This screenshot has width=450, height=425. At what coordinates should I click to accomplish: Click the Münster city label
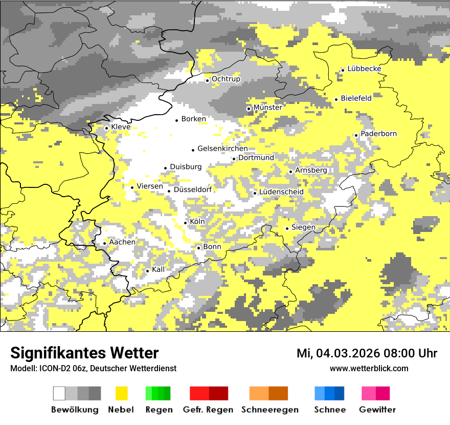[267, 108]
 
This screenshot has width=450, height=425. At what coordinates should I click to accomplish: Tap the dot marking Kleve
[106, 128]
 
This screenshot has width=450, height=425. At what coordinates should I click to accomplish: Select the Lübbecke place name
[364, 69]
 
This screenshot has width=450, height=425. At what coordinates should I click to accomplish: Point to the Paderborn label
[378, 134]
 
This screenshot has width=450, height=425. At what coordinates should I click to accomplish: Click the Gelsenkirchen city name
[222, 148]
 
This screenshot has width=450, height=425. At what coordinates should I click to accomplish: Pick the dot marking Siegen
[287, 228]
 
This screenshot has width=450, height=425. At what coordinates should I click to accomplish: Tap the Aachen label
[122, 242]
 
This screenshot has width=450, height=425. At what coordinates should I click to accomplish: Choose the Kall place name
[159, 269]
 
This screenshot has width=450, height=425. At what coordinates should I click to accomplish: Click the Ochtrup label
[226, 79]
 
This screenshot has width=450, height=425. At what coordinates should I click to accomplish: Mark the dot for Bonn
[199, 248]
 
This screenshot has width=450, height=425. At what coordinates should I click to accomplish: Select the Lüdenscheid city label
[281, 192]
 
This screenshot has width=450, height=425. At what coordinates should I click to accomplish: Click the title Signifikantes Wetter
[84, 353]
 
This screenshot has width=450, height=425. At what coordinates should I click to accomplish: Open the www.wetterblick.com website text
[369, 368]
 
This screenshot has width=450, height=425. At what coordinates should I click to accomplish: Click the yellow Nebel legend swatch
[122, 393]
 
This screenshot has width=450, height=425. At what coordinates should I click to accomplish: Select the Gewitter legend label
[377, 410]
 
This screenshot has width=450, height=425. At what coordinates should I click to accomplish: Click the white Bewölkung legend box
[59, 393]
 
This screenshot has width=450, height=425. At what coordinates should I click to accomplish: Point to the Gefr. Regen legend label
[208, 410]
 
